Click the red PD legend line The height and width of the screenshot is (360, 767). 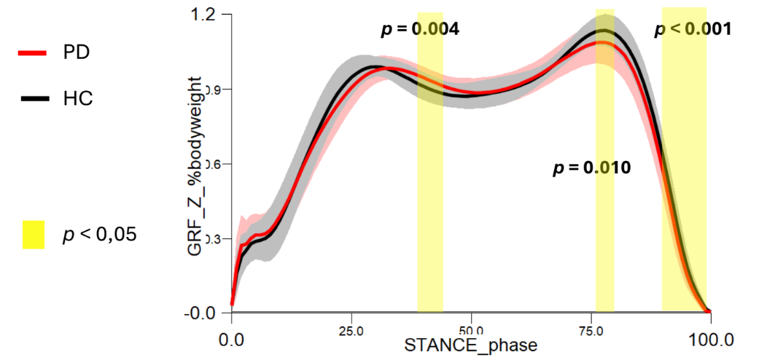coord(32,52)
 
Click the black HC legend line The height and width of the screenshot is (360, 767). coord(32,98)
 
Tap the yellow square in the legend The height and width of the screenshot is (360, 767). coord(34,235)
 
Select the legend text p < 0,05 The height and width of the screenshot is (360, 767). coord(100,235)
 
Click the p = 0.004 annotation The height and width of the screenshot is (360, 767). coord(421,30)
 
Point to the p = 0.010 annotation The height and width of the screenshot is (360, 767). coord(591,168)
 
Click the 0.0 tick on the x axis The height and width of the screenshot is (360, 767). coord(232,339)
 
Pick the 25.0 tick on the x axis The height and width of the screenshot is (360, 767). coord(351,330)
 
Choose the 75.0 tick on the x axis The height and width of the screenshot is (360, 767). coord(591,330)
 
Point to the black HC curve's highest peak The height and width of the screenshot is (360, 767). coord(604,31)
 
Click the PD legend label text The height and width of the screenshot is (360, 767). coord(77,52)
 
